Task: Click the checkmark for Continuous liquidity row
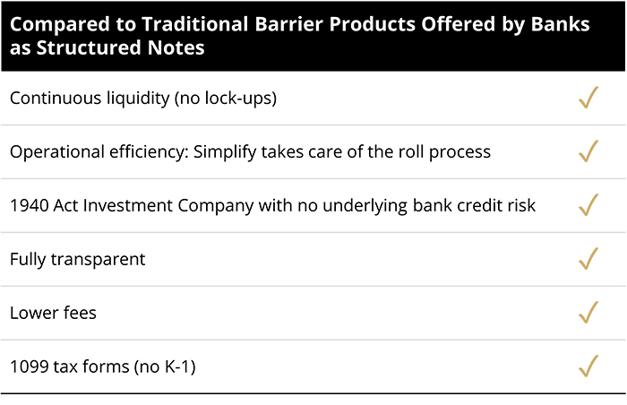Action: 588,98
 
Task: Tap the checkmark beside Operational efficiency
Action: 588,151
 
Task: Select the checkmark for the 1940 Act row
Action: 588,205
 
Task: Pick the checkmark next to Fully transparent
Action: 588,259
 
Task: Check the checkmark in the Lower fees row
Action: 588,313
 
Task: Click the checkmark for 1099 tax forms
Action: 588,366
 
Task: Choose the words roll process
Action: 448,151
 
